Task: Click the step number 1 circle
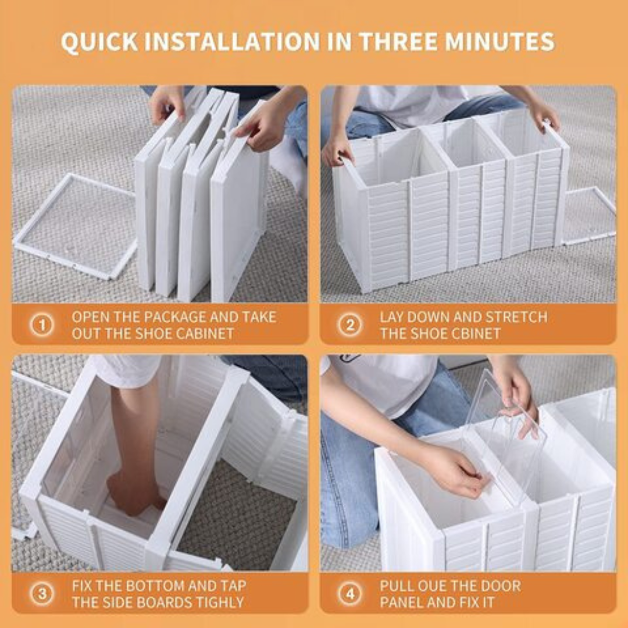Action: tap(42, 325)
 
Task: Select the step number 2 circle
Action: tap(349, 325)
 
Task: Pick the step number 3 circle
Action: tap(42, 594)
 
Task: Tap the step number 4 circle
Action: tap(349, 594)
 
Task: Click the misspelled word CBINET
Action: tap(472, 334)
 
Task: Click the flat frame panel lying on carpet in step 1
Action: tap(76, 227)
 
